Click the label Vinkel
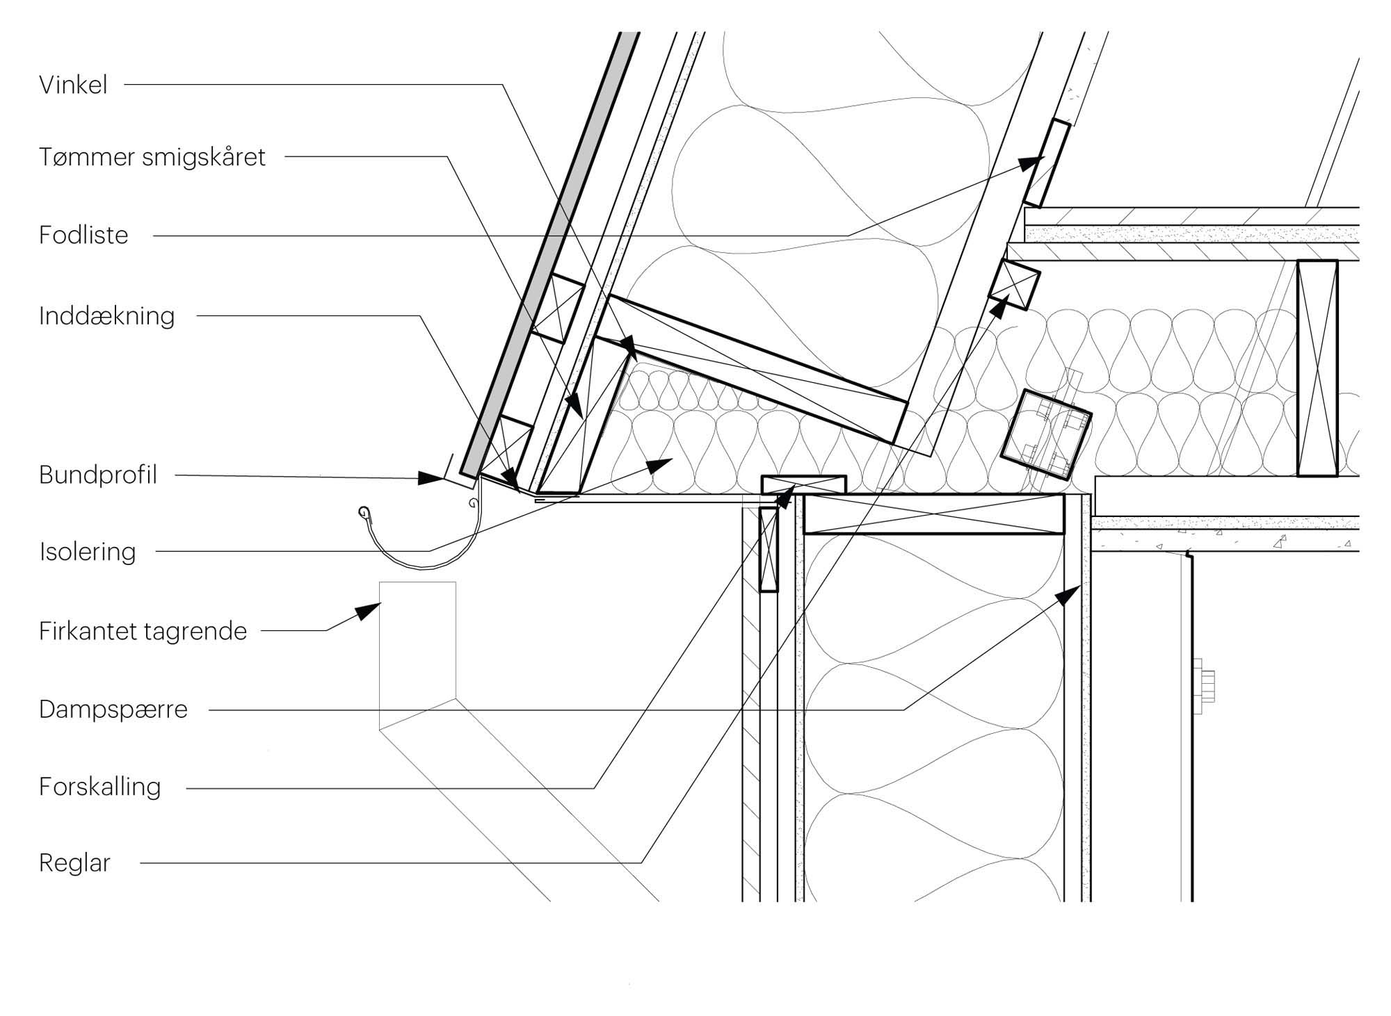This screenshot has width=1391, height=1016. (x=73, y=85)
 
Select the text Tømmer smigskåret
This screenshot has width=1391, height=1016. (x=152, y=157)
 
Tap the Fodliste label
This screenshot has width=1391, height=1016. (x=83, y=236)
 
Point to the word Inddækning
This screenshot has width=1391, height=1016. (x=106, y=316)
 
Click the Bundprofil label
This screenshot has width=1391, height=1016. (x=98, y=475)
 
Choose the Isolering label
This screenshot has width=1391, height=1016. (x=88, y=552)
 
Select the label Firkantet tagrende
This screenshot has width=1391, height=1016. (x=143, y=632)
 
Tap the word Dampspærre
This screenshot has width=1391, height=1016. (x=113, y=710)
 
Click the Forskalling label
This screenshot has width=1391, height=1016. (x=100, y=787)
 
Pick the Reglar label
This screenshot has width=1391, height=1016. (x=74, y=864)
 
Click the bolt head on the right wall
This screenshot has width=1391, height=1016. (x=1207, y=687)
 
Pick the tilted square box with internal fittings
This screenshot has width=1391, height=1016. (x=1045, y=436)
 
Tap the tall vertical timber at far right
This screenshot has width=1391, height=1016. (x=1317, y=368)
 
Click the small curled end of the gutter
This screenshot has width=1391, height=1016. (x=364, y=514)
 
